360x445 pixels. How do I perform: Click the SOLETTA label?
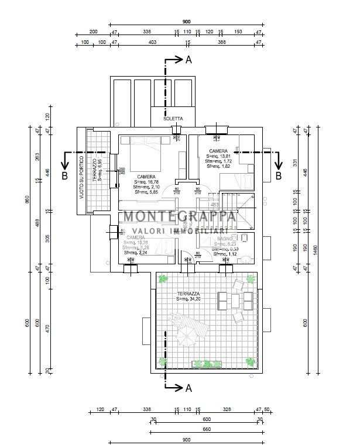[x=173, y=119]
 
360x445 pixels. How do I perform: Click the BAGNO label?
[x=224, y=239]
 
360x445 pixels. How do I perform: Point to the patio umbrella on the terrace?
[x=187, y=337]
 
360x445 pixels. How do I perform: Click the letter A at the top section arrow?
[x=188, y=60]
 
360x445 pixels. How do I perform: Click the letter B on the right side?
[x=278, y=175]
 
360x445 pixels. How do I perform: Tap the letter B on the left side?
[x=65, y=175]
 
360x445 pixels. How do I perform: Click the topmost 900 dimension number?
[x=186, y=22]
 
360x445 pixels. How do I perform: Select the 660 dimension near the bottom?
[x=206, y=429]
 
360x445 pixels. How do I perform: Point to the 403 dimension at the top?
[x=153, y=43]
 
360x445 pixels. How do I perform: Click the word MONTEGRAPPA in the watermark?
[x=179, y=216]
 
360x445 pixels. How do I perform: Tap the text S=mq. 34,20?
[x=188, y=299]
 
